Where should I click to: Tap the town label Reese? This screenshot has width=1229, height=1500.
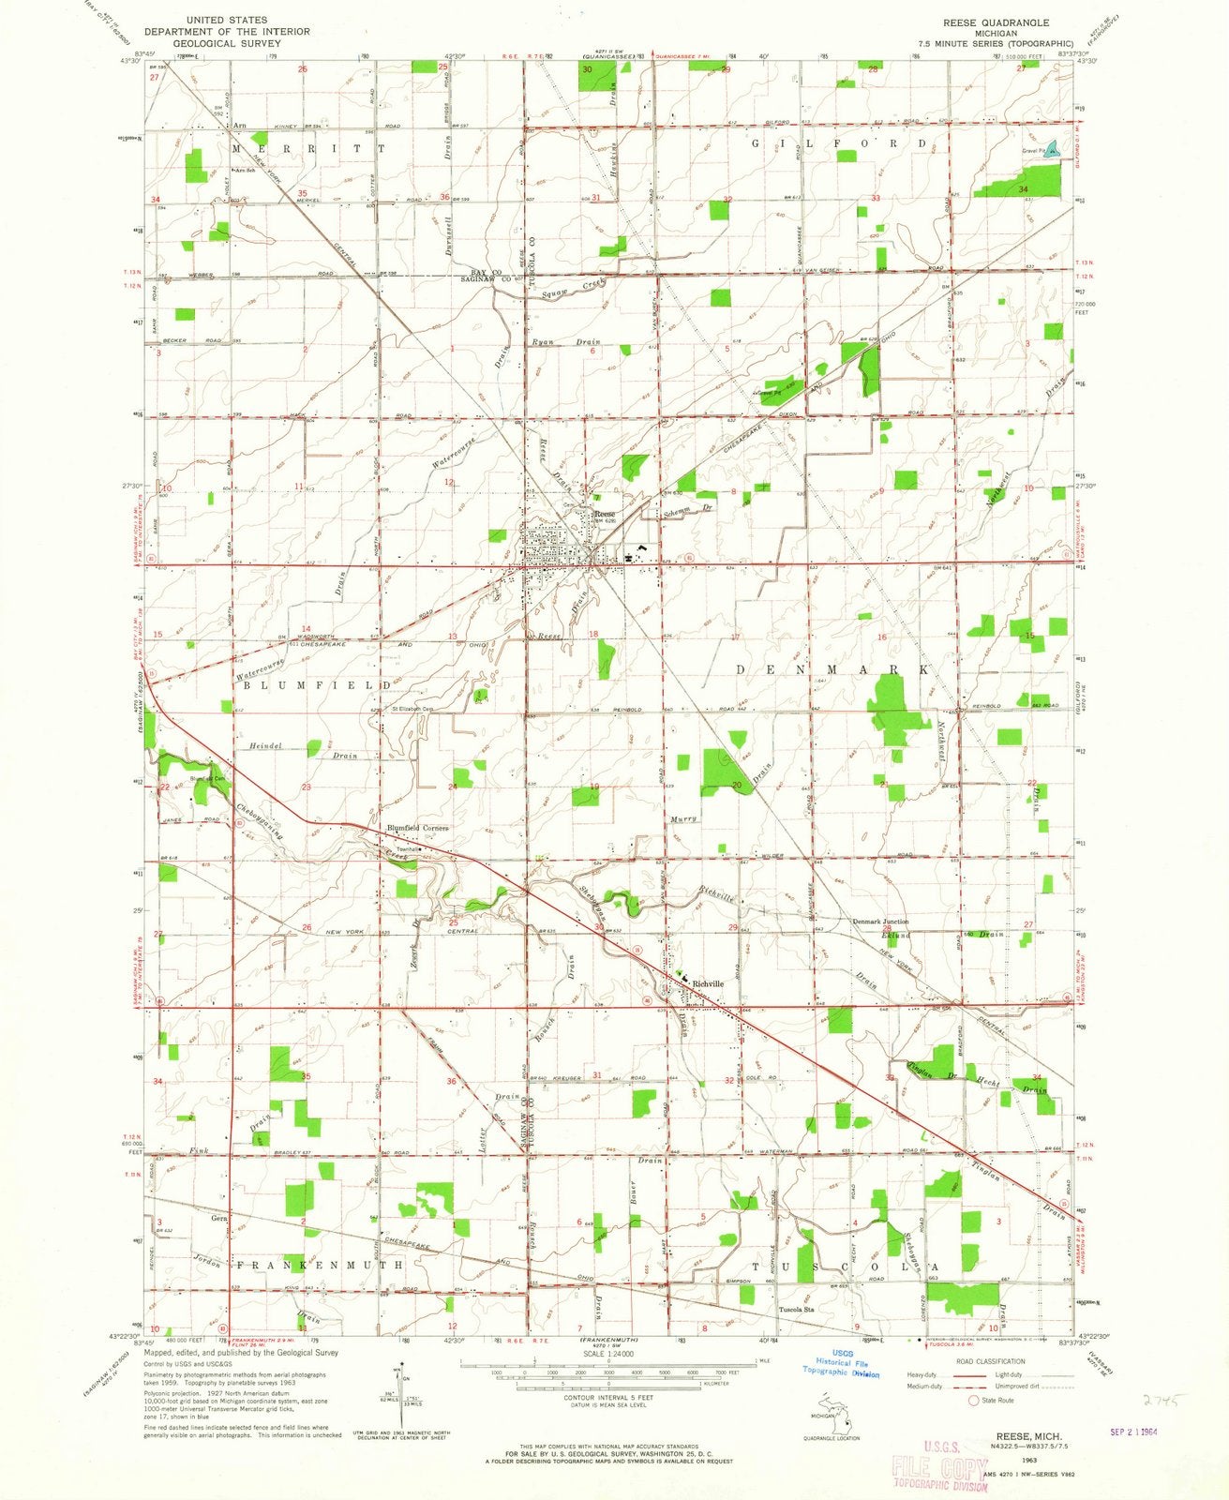point(606,514)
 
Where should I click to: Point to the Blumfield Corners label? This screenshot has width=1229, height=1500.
point(418,828)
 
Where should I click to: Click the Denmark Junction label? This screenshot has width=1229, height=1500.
point(879,922)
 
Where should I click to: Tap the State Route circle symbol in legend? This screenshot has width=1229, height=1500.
point(973,1402)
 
